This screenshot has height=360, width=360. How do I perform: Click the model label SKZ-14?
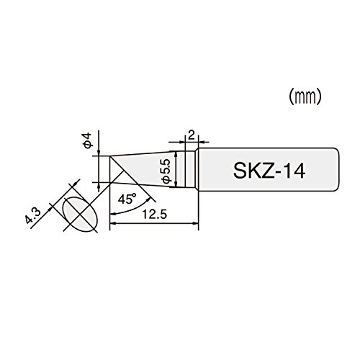(269, 171)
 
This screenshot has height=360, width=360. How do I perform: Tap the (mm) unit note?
(305, 96)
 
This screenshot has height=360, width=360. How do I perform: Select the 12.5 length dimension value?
(154, 215)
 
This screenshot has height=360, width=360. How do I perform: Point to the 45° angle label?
(127, 199)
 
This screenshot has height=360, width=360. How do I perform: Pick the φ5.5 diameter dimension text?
(166, 171)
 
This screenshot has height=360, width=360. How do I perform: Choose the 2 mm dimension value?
(192, 136)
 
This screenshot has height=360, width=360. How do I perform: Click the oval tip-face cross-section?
(80, 215)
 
